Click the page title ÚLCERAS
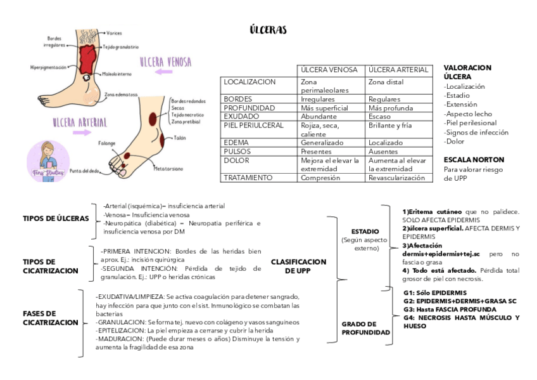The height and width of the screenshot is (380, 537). point(268,30)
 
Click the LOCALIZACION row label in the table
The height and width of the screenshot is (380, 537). point(250,82)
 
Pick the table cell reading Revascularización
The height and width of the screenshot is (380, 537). point(396,178)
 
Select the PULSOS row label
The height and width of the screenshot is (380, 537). point(237,152)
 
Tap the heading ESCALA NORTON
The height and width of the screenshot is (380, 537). point(474,160)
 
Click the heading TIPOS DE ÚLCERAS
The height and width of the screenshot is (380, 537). point(56,218)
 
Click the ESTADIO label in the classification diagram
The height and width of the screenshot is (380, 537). point(365,232)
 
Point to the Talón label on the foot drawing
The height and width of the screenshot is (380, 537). point(180,137)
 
